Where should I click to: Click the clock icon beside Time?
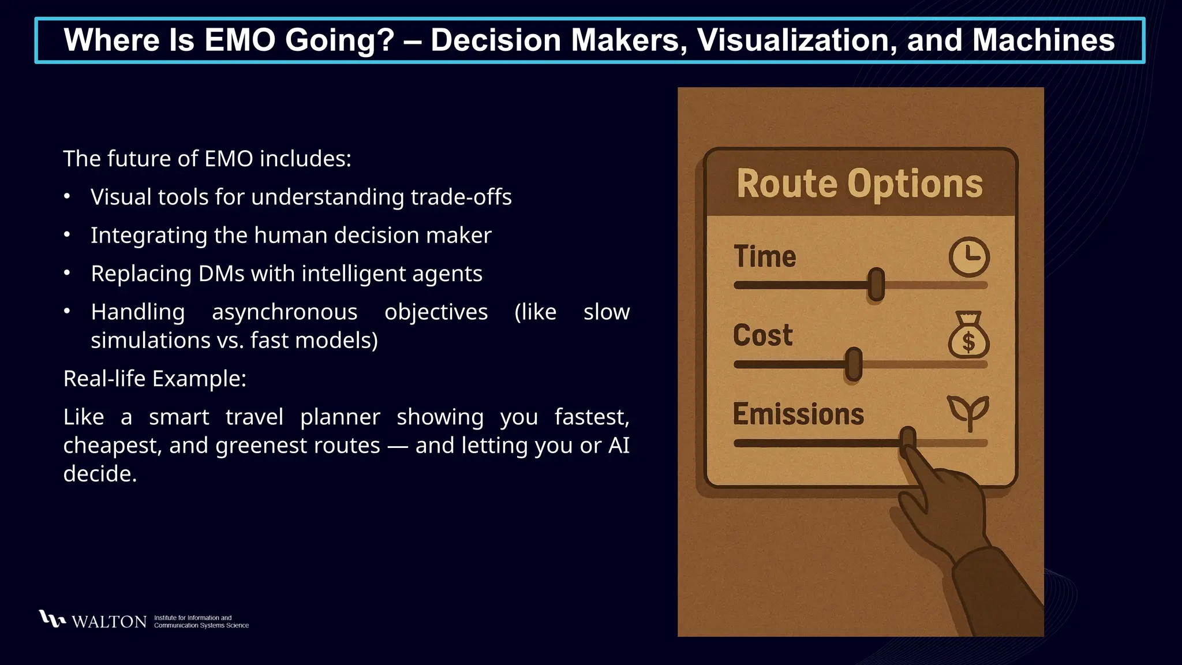(969, 257)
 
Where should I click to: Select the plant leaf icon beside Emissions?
(968, 411)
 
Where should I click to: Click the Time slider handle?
(876, 285)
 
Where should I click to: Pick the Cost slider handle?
(854, 364)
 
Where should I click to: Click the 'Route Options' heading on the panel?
(859, 184)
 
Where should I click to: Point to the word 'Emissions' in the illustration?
(798, 414)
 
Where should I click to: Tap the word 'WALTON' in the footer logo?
(109, 622)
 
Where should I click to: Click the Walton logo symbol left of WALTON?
(52, 619)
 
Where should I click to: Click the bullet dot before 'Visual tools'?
(67, 197)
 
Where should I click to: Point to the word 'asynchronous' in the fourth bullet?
(285, 312)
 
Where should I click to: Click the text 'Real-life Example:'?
(155, 379)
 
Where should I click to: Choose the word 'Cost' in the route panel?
(763, 335)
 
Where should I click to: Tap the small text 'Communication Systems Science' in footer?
(201, 626)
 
